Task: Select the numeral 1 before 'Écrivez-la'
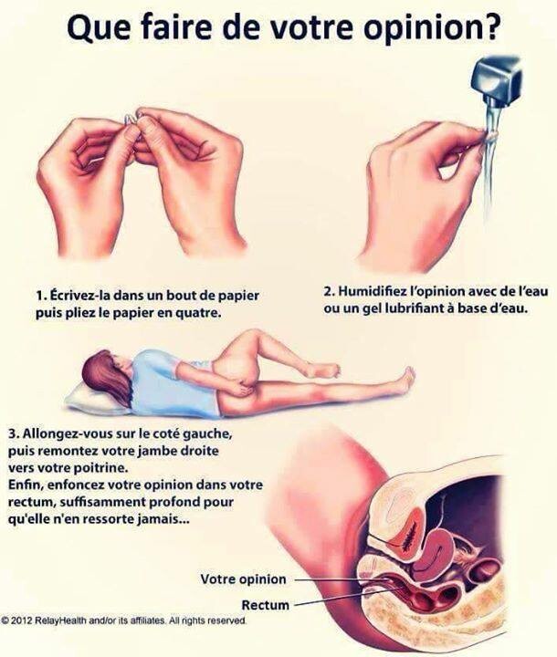(x=39, y=296)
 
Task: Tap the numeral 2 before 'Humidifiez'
(x=328, y=291)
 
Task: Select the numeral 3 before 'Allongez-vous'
(x=13, y=433)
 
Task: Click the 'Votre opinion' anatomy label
(x=243, y=579)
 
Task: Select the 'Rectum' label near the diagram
(x=265, y=605)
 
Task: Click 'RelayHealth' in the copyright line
(x=58, y=620)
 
